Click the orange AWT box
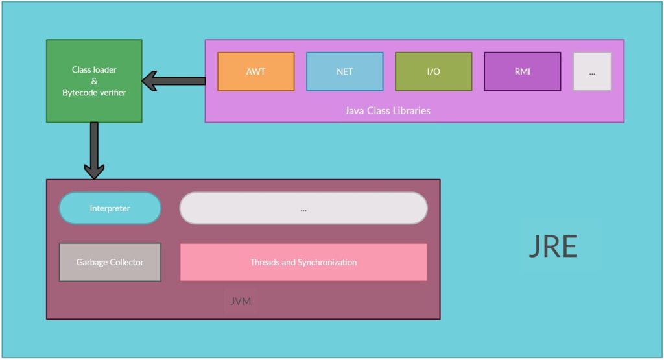click(x=255, y=71)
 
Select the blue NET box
click(x=344, y=71)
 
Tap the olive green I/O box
click(x=433, y=71)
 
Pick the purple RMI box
click(x=522, y=71)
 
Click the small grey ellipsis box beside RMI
click(x=592, y=71)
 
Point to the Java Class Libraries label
click(x=387, y=110)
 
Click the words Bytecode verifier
click(x=94, y=93)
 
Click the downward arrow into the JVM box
click(x=94, y=152)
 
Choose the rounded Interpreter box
click(x=110, y=208)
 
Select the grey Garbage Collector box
click(x=110, y=262)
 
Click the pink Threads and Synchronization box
click(x=303, y=262)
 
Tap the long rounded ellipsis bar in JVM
click(x=303, y=208)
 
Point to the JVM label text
click(x=241, y=301)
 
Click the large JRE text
click(x=552, y=246)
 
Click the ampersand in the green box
click(x=94, y=81)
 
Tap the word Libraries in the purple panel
click(x=411, y=110)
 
